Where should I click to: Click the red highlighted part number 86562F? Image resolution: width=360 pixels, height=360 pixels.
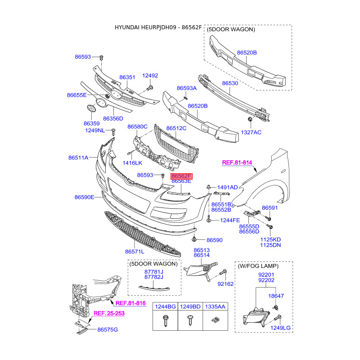click(181, 176)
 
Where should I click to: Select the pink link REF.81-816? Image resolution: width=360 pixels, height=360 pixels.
click(131, 303)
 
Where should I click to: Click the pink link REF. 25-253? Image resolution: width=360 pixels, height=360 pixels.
click(110, 313)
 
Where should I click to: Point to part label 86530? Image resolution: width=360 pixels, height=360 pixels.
click(230, 83)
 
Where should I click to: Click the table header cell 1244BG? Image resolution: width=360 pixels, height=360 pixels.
click(165, 307)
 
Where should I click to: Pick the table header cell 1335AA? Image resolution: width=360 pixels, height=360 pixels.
click(215, 307)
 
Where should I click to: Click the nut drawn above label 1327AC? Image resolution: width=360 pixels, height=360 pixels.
click(249, 119)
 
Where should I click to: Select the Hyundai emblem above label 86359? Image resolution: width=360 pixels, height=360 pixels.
click(91, 109)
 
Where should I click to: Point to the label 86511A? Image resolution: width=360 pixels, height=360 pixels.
click(78, 157)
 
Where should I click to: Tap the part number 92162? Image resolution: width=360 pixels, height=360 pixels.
click(226, 284)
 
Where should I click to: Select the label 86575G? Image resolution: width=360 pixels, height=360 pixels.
click(108, 330)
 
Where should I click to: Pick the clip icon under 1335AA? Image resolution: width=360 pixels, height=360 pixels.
click(215, 320)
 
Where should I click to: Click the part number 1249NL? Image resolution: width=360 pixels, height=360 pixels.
click(94, 130)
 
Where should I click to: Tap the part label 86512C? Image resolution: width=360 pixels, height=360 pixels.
click(176, 128)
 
